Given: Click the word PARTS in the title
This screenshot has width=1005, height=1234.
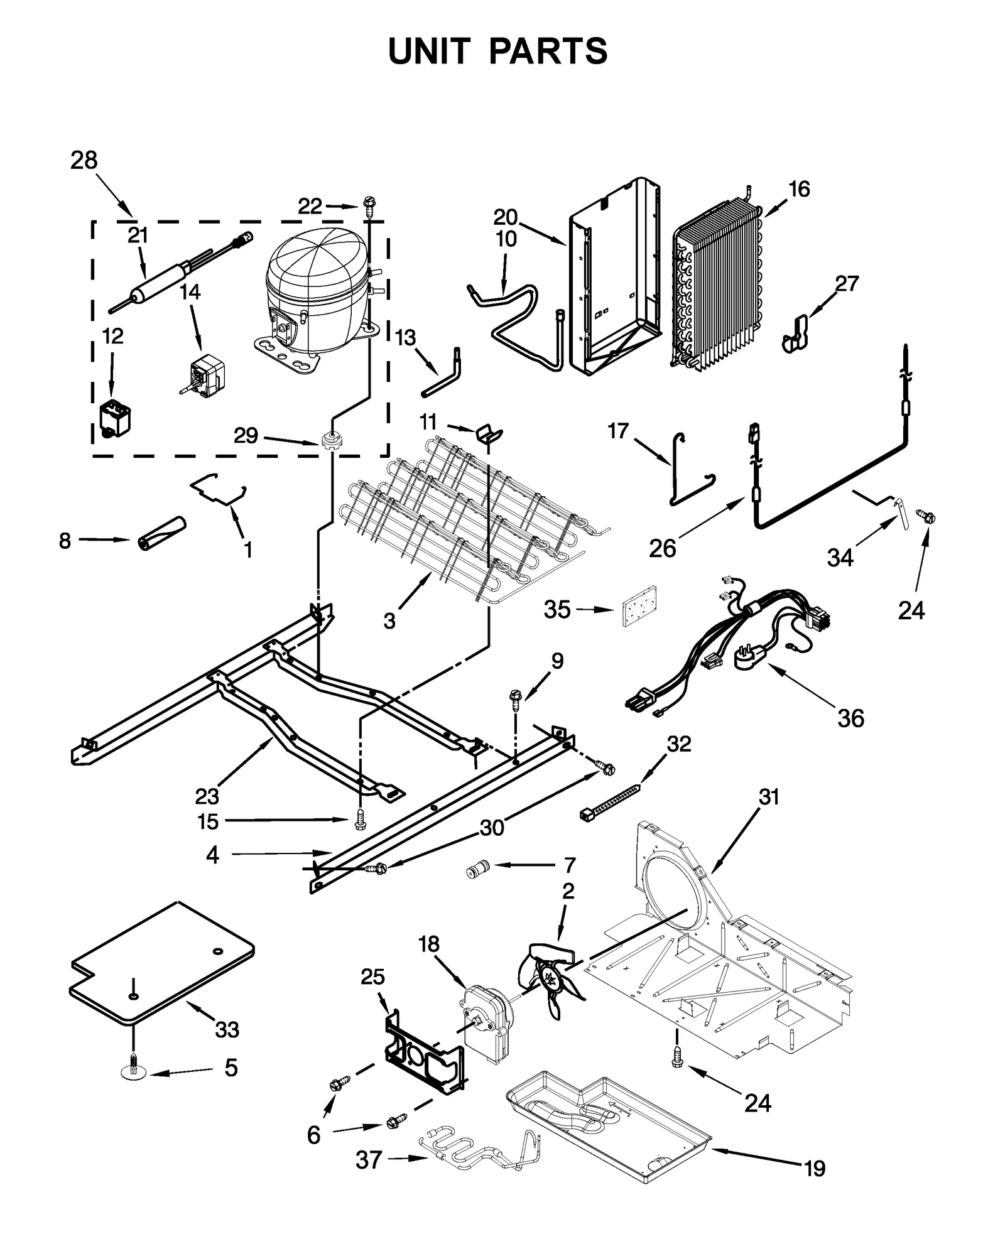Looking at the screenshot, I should click(x=547, y=51).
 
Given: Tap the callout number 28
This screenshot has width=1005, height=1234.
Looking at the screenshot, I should click(x=84, y=161).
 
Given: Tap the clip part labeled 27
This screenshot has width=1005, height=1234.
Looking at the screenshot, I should click(x=796, y=335).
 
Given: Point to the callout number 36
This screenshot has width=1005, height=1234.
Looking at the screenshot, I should click(x=850, y=718).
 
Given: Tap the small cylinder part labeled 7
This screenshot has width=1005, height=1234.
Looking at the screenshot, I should click(x=477, y=871).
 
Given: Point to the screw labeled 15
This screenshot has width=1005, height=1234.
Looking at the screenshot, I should click(x=360, y=820).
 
